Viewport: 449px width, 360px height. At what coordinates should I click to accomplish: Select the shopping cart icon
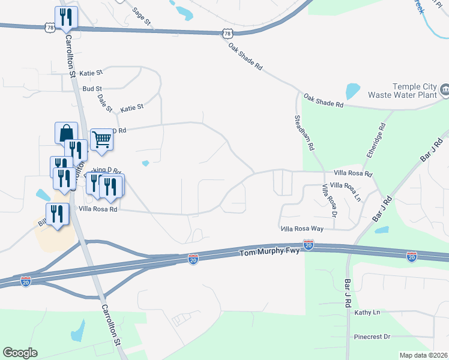point(102,139)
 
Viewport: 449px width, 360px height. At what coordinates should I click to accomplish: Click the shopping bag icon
point(66,133)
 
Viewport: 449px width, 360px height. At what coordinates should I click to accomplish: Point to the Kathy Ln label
point(367,313)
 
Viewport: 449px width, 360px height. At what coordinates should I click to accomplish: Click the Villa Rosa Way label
point(302,229)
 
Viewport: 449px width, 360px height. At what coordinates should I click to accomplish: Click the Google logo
point(20,352)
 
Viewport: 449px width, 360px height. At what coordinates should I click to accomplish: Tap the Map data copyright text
point(423,355)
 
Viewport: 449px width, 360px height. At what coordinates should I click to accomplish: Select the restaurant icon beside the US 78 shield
point(65,17)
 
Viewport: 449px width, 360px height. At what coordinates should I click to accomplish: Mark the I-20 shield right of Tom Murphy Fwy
point(308,245)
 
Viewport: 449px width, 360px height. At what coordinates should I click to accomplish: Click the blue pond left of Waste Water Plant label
point(352,91)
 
